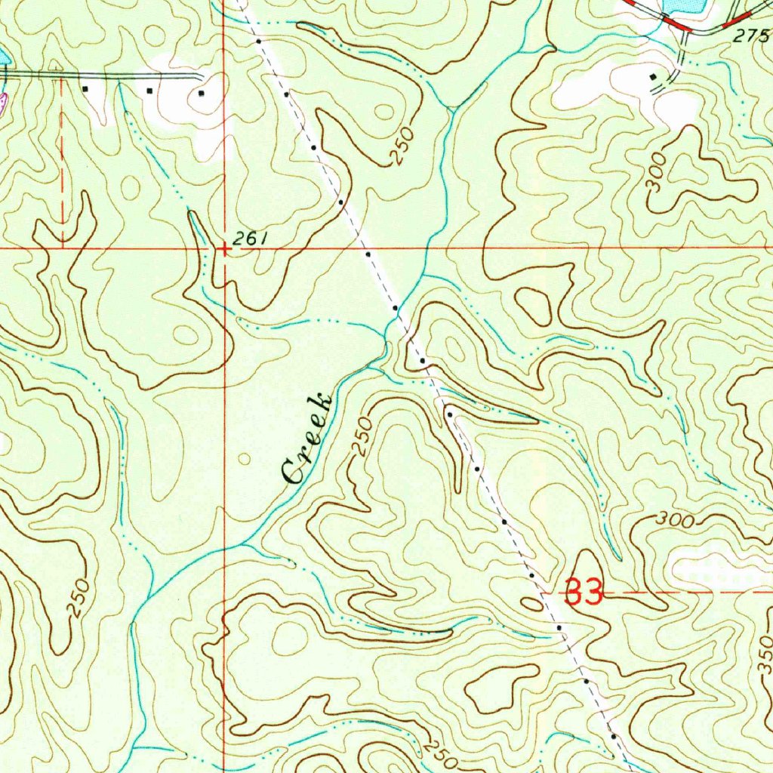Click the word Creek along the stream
[x=306, y=439]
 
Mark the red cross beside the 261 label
[x=224, y=248]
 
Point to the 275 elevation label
[x=750, y=35]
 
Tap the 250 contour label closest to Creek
[x=363, y=437]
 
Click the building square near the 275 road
[x=653, y=77]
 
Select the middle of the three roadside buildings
[x=150, y=91]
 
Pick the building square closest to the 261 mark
[x=201, y=94]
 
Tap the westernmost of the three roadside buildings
[x=85, y=89]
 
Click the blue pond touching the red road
[x=683, y=6]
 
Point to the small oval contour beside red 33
[x=531, y=602]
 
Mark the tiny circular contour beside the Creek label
[x=243, y=458]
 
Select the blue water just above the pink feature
[x=4, y=57]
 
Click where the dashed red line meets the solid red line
[x=61, y=247]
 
